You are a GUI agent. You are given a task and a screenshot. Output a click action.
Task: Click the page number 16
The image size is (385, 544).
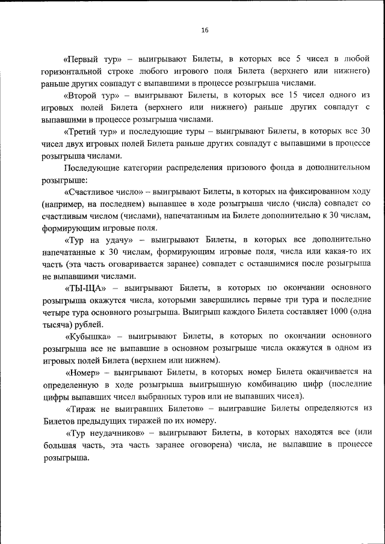pyautogui.click(x=205, y=29)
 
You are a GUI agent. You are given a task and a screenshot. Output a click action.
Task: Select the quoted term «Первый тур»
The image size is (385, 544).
pyautogui.click(x=93, y=60)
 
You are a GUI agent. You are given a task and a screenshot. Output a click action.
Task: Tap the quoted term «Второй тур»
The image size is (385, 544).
pyautogui.click(x=91, y=96)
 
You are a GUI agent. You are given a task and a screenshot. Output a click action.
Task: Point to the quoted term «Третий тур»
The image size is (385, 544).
pyautogui.click(x=93, y=131)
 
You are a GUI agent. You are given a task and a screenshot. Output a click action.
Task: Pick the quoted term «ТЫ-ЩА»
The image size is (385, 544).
pyautogui.click(x=84, y=287)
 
